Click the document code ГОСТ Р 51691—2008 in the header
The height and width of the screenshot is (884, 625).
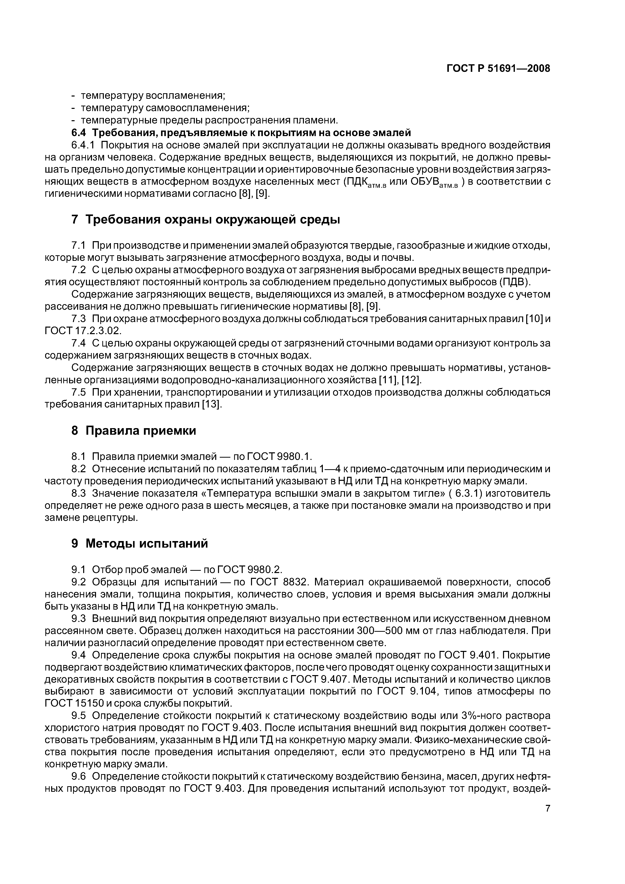(x=498, y=69)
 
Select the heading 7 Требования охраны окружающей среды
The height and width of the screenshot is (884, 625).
(x=206, y=220)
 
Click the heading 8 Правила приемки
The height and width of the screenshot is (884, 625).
(x=134, y=430)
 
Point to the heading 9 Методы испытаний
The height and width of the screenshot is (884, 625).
(x=139, y=543)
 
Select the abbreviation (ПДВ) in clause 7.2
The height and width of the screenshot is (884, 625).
(x=515, y=282)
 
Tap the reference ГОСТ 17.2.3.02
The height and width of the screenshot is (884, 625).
(x=83, y=331)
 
